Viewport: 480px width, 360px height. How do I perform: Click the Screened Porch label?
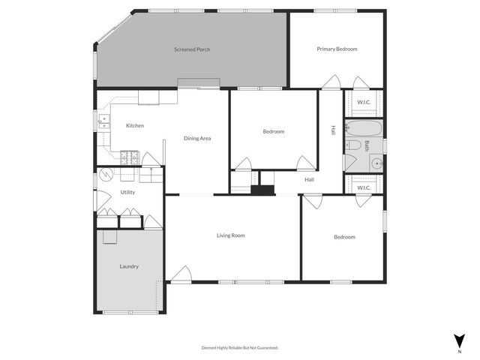pyautogui.click(x=192, y=49)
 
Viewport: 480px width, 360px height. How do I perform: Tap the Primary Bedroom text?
pyautogui.click(x=337, y=49)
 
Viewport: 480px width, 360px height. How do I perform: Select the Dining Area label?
pyautogui.click(x=197, y=138)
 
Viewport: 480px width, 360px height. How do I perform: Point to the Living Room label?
pyautogui.click(x=231, y=235)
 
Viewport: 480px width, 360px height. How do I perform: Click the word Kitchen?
pyautogui.click(x=135, y=125)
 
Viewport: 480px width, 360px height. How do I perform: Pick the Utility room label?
pyautogui.click(x=128, y=192)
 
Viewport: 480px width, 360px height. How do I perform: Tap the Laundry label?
pyautogui.click(x=129, y=266)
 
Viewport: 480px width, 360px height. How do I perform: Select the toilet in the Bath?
pyautogui.click(x=354, y=145)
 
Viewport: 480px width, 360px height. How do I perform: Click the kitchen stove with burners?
pyautogui.click(x=130, y=157)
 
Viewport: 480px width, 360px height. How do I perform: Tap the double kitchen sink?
pyautogui.click(x=103, y=122)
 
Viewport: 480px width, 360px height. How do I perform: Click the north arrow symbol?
pyautogui.click(x=459, y=340)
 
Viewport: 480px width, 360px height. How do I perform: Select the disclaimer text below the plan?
pyautogui.click(x=240, y=347)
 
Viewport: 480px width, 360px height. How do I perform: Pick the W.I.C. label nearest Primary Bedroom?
pyautogui.click(x=364, y=102)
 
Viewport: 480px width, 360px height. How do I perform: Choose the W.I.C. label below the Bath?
pyautogui.click(x=364, y=187)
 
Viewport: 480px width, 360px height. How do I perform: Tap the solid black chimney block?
pyautogui.click(x=262, y=190)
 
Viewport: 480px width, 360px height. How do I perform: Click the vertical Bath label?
pyautogui.click(x=367, y=146)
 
